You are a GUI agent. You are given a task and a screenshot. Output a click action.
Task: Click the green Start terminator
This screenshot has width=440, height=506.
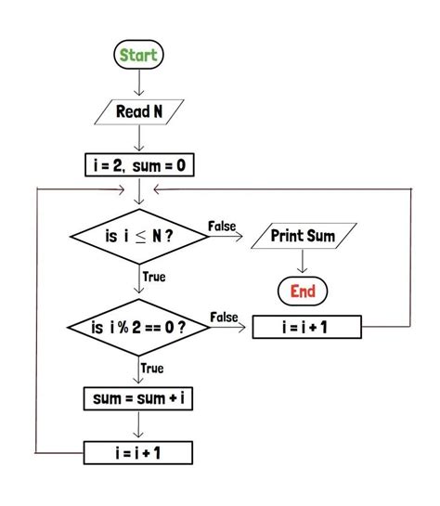point(139,56)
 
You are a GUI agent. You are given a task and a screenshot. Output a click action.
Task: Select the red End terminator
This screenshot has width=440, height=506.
point(303,292)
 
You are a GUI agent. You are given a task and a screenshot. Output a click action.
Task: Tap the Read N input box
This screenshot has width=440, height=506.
point(139,112)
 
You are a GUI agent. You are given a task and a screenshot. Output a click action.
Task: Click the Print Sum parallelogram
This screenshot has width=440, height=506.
point(303,236)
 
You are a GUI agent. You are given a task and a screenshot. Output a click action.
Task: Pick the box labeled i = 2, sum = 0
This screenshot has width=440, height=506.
point(139,166)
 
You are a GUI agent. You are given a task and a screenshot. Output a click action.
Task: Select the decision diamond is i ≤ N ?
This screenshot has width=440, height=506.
point(139,236)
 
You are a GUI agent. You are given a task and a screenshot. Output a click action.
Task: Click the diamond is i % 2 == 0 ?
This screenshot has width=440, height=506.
point(139,328)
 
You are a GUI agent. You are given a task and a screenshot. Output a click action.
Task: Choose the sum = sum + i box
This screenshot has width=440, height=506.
point(139,400)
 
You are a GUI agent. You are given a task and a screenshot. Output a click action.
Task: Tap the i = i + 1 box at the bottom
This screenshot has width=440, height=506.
point(139,453)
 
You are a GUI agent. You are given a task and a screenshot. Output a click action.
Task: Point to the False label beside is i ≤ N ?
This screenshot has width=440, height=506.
point(222,226)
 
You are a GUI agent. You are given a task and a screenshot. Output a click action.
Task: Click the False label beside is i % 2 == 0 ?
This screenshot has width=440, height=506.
point(224,318)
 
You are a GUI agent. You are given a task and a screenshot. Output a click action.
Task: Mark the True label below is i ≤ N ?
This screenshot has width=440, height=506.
point(153,277)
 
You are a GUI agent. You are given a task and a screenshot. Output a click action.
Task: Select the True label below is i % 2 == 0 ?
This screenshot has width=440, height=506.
point(152,369)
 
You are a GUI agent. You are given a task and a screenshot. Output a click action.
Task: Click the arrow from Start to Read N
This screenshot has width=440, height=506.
point(139,83)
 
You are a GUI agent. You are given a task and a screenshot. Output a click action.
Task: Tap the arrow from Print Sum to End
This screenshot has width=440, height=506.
point(303,263)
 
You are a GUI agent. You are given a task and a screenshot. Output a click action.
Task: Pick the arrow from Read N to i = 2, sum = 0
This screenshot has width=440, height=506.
point(139,139)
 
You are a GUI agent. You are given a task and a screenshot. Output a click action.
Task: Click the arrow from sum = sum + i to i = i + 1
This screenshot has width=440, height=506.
point(139,426)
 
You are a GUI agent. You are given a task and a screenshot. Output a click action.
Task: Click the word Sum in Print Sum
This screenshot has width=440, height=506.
point(319,236)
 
